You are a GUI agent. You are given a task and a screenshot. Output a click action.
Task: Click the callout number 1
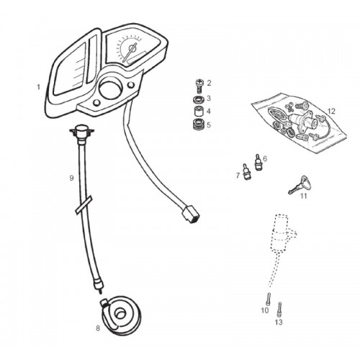click(x=38, y=87)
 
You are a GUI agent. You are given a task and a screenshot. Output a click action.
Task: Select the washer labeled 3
click(x=199, y=99)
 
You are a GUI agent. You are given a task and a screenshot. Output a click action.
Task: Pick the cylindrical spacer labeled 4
click(x=199, y=111)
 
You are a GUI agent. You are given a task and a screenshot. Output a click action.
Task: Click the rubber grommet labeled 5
click(x=199, y=124)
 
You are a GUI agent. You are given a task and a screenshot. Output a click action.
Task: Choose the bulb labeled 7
click(x=246, y=172)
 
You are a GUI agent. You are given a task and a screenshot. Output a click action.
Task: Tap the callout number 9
click(x=71, y=178)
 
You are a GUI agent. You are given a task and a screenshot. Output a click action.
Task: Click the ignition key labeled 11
click(x=299, y=185)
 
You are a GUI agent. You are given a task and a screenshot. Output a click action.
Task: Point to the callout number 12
click(x=331, y=112)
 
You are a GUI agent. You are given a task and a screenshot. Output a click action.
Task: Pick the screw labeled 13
click(x=279, y=310)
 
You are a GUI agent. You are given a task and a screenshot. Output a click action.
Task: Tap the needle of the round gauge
click(x=130, y=52)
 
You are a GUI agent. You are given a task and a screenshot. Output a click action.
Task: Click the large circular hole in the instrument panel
click(x=110, y=89)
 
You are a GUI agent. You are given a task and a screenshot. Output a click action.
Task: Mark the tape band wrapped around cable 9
click(x=84, y=204)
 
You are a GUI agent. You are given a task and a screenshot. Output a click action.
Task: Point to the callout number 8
click(x=98, y=328)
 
